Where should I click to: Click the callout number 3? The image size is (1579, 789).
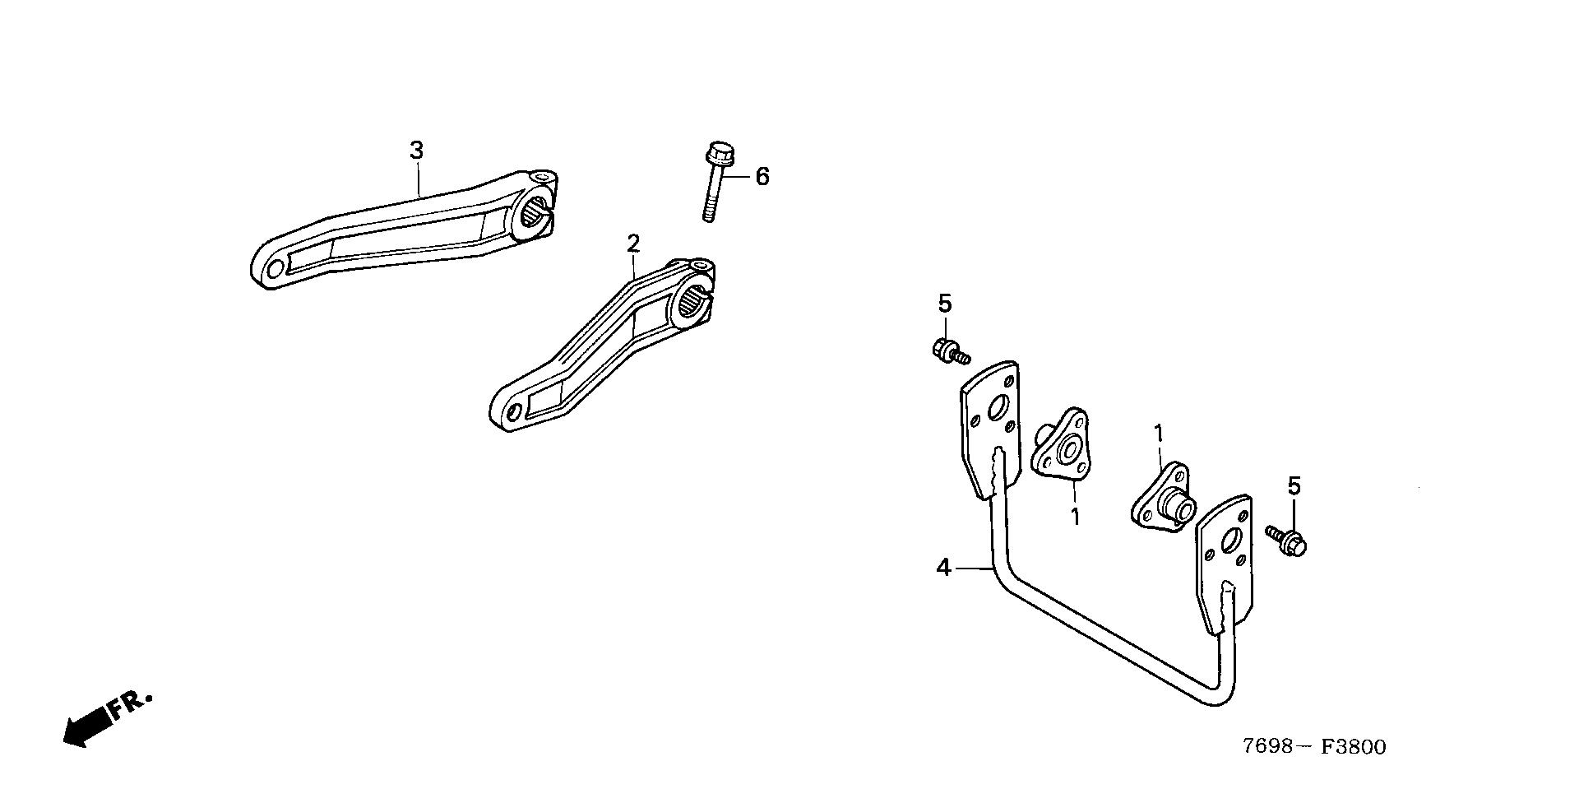pos(417,151)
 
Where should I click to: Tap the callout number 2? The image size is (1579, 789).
pos(632,244)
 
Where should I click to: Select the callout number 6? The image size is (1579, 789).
pos(762,176)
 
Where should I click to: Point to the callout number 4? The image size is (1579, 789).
pos(944,567)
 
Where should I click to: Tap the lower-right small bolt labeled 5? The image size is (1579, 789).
pos(1287,541)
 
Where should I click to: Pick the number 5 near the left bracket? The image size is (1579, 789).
pos(945,304)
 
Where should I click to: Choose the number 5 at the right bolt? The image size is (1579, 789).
pos(1294,487)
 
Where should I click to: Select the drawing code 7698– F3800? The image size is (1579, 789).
pos(1313,746)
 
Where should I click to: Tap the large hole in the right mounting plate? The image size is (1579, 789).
pos(1231,540)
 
